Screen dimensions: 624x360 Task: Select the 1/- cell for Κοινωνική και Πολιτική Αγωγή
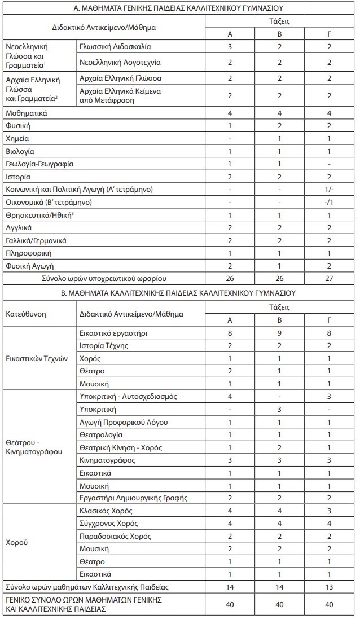tap(330, 189)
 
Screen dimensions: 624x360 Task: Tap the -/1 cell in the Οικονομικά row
tap(330, 201)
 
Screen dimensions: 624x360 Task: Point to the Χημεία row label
tap(17, 138)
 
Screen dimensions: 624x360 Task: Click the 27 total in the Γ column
tap(330, 278)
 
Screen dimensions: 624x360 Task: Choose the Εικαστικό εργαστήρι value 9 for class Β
tap(280, 333)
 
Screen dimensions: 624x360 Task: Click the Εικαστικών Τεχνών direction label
tap(36, 359)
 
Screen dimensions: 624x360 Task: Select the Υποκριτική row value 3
tap(280, 410)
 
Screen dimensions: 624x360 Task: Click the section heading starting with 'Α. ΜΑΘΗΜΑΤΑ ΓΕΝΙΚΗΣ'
tap(179, 9)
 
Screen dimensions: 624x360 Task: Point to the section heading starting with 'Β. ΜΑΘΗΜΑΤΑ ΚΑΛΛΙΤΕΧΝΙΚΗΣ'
tap(179, 293)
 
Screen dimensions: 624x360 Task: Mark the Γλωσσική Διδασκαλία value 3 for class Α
tap(230, 46)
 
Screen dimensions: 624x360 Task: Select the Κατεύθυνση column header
tap(25, 313)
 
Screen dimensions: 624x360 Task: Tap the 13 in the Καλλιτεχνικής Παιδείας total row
tap(330, 587)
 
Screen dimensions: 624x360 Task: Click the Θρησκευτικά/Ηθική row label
tap(39, 214)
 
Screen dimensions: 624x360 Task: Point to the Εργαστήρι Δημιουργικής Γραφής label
tap(133, 499)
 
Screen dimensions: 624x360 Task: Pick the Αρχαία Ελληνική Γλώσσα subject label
tap(120, 77)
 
